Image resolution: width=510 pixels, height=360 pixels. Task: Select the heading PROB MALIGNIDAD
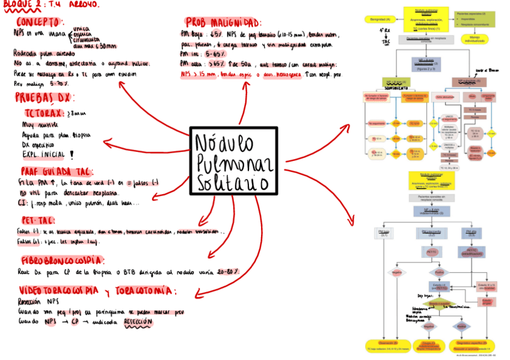tap(223, 22)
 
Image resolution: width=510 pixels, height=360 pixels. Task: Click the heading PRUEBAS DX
tap(43, 97)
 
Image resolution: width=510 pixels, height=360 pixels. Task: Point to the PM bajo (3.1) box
tap(384, 233)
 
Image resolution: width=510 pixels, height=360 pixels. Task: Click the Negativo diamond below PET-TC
tap(397, 272)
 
